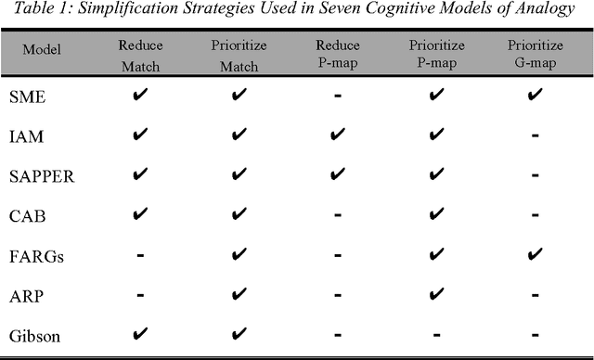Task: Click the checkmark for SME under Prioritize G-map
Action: pos(535,96)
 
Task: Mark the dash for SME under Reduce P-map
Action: pos(338,96)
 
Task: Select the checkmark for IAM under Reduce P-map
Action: pos(338,135)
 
